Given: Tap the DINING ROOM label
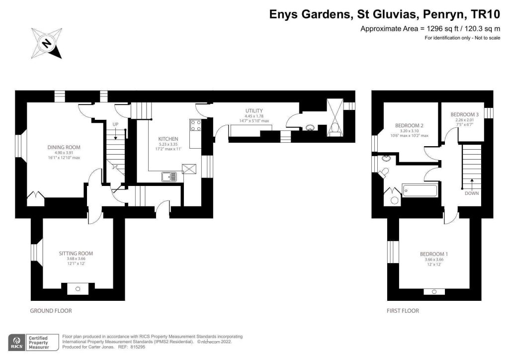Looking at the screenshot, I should (64, 147).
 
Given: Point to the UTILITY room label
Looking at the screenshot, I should (254, 110).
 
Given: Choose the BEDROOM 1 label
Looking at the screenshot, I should (435, 254).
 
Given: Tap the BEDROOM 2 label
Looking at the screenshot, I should (409, 125).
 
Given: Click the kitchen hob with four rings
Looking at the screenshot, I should (194, 125).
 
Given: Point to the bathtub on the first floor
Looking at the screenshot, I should (421, 190).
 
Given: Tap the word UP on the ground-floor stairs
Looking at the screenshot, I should (115, 124).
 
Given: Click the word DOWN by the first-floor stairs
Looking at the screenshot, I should (472, 193).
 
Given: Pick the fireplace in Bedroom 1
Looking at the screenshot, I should (434, 291).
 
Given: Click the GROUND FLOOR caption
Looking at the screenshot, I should (51, 311).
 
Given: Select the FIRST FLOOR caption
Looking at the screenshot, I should (403, 311).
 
